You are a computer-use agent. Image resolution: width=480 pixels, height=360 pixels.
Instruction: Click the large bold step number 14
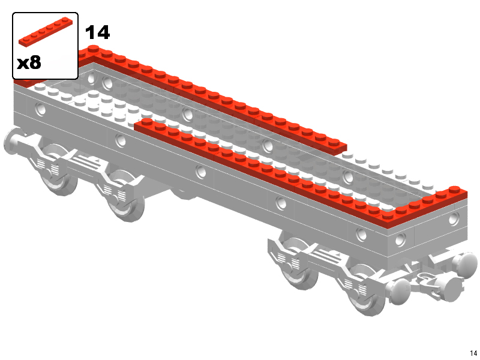[97, 32]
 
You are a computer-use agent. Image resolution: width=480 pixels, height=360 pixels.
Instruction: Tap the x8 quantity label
[29, 62]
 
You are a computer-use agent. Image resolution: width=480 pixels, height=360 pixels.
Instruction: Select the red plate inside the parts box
[46, 32]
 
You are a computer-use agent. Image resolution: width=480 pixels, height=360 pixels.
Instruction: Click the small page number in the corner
[473, 353]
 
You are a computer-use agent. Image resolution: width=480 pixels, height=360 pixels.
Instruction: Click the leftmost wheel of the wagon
[58, 172]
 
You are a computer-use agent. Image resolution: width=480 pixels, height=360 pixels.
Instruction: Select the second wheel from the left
[125, 196]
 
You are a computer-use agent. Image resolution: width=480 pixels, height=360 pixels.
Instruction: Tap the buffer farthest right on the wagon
[466, 264]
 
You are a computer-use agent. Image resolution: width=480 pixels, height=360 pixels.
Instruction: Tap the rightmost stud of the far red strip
[335, 142]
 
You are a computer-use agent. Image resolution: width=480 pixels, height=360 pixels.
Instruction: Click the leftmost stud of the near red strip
[147, 122]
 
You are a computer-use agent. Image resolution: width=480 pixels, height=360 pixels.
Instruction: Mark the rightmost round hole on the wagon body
[454, 219]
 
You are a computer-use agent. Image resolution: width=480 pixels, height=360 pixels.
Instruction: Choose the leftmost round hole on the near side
[40, 109]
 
